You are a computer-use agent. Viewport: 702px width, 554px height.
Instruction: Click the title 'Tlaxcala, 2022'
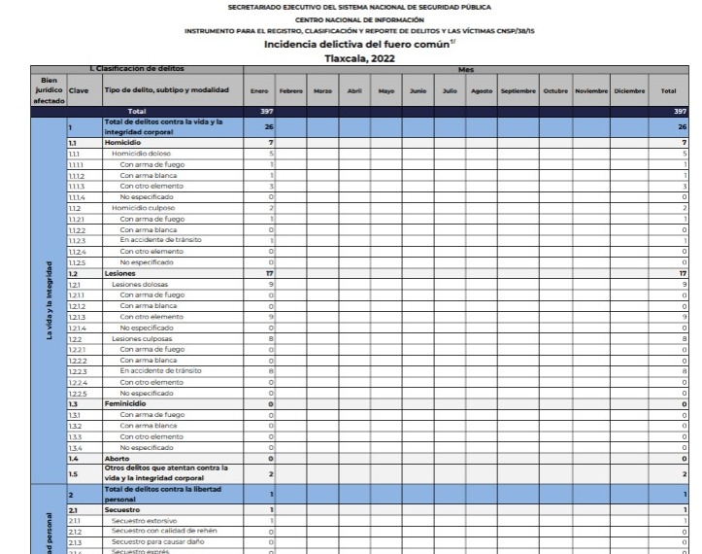pos(350,57)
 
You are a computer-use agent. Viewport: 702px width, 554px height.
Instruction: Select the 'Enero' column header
pos(258,90)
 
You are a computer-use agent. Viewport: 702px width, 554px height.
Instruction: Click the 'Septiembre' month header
pos(518,90)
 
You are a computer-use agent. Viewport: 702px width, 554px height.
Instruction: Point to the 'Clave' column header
pos(80,90)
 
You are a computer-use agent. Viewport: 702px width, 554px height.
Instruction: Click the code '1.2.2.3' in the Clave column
pos(79,370)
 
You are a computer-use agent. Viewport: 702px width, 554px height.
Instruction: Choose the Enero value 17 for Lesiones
pos(269,273)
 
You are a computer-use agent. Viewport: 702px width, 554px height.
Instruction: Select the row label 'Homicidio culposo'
pos(145,207)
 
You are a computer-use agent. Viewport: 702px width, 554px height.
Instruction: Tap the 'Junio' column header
pos(418,90)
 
